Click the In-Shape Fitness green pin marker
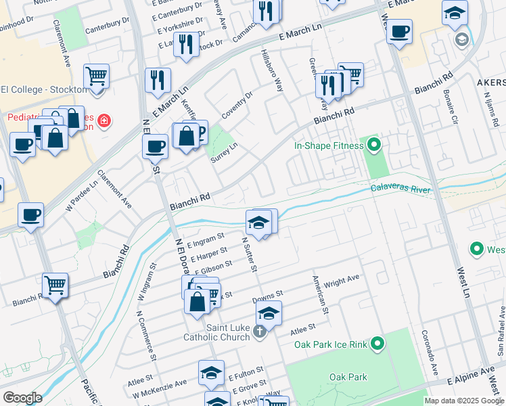coord(372,145)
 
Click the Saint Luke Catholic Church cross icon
coord(261,333)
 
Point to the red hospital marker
coord(103,122)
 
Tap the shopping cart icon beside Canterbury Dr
coord(97,76)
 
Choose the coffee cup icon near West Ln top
coord(399,30)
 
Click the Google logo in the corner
coord(22,398)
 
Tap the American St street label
coord(320,295)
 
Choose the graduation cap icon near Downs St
coord(269,313)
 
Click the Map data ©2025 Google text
coord(463,400)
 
